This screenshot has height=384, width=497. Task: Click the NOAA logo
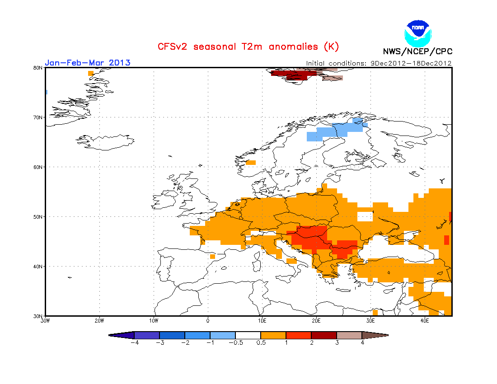point(418,32)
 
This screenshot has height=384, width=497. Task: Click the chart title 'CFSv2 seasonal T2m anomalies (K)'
point(248,47)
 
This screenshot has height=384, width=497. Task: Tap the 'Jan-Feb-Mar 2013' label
point(88,62)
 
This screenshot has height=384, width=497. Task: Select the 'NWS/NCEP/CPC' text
point(417,52)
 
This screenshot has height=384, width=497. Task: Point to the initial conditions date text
point(379,63)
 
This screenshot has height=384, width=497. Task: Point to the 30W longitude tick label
point(45,321)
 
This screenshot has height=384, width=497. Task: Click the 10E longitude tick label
point(262,321)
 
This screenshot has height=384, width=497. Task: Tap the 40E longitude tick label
point(425,321)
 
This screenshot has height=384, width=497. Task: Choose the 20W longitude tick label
point(99,321)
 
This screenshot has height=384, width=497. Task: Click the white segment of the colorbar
point(248,335)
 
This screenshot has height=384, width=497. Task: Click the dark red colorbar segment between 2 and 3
point(324,335)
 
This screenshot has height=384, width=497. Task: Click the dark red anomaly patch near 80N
point(294,75)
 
